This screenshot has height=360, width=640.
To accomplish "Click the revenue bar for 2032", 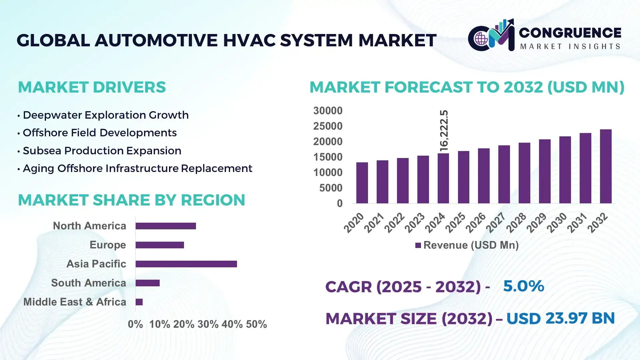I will [x=606, y=167].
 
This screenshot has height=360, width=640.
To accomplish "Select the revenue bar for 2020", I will [x=362, y=183].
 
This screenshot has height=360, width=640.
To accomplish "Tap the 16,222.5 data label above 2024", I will [x=444, y=131].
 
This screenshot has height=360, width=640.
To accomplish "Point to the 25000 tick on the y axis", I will [x=328, y=126].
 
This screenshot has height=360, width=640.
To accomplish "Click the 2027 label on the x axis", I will [x=496, y=222].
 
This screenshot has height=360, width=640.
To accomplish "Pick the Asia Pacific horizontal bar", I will [x=186, y=264].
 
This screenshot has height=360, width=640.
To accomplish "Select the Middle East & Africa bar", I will [x=139, y=302].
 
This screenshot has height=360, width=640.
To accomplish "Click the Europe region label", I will [x=108, y=245].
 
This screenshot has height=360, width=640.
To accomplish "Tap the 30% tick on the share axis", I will [x=208, y=324].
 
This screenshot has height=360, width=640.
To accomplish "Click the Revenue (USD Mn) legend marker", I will [x=418, y=245].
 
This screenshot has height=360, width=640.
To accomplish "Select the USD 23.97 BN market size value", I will [x=560, y=318].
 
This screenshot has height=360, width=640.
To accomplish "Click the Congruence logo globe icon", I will [x=481, y=39].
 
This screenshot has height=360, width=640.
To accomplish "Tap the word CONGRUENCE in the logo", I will [x=570, y=33].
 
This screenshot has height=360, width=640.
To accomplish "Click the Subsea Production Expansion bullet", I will [x=102, y=151].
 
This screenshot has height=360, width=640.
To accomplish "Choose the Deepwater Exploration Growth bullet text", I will [x=106, y=115].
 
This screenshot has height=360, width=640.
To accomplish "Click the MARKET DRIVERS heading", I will [x=92, y=87].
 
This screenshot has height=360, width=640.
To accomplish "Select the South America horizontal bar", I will [x=148, y=283].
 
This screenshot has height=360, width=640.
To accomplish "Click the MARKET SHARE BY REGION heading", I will [x=131, y=200].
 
